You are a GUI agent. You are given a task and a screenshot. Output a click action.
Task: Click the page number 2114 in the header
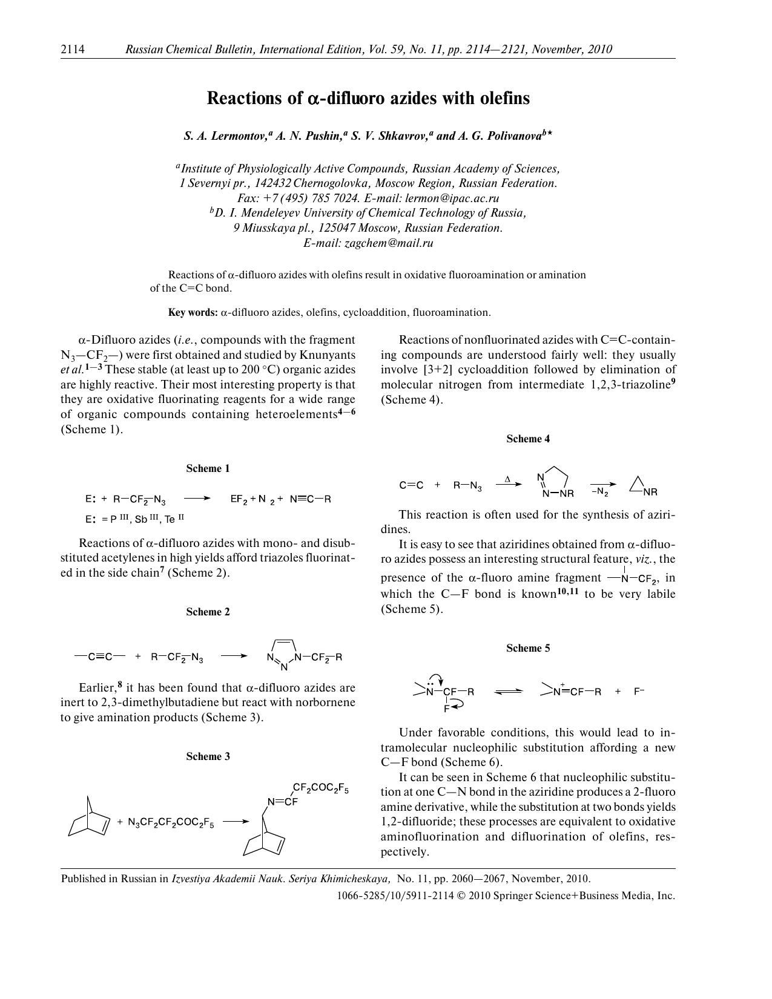tap(72, 50)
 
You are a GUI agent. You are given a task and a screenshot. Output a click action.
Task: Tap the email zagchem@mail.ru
tap(389, 243)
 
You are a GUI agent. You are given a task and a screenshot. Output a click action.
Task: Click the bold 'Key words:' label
tap(193, 312)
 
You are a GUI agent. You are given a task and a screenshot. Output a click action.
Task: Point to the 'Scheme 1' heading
tap(208, 468)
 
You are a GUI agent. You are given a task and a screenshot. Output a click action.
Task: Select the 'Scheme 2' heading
tap(208, 612)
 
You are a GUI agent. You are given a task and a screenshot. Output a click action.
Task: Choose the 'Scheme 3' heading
tap(208, 756)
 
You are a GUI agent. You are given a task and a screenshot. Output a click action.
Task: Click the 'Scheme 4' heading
tap(528, 439)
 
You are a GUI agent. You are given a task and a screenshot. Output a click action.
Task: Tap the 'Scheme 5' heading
tap(528, 648)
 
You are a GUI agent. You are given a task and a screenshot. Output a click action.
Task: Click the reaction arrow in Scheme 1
tap(197, 499)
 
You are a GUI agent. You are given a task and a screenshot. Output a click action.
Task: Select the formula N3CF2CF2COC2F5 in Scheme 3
tap(171, 822)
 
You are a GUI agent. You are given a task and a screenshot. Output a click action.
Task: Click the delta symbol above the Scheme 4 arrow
tap(507, 479)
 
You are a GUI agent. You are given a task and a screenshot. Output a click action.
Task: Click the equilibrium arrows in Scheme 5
tap(508, 692)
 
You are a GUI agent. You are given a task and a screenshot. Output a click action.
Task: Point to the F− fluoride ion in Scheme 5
tap(639, 691)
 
